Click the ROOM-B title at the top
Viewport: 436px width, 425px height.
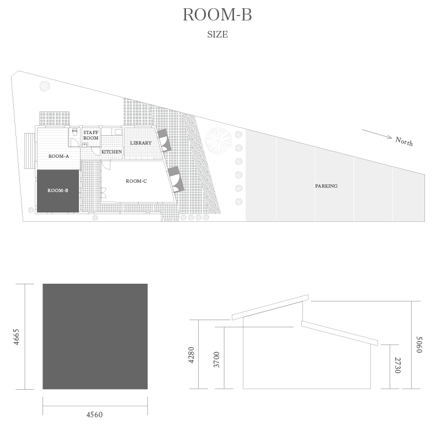click(x=217, y=14)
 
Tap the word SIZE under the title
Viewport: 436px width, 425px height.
click(x=217, y=34)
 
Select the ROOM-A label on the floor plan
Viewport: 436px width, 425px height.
click(x=59, y=156)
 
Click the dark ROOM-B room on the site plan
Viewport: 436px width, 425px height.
click(x=58, y=191)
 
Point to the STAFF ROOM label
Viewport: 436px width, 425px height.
click(x=91, y=135)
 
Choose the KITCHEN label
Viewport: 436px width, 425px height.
click(x=111, y=152)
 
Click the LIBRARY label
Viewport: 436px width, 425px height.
click(x=141, y=143)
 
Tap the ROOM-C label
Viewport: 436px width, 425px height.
click(x=136, y=181)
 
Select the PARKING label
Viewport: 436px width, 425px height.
click(x=326, y=186)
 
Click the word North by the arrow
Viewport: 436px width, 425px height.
click(x=404, y=141)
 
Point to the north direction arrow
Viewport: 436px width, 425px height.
click(x=377, y=134)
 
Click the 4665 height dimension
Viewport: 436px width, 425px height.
click(x=17, y=337)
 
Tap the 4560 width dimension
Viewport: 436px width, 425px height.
click(x=94, y=415)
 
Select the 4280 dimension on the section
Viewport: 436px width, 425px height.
click(x=192, y=355)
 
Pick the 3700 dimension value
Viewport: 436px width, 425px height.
click(x=216, y=360)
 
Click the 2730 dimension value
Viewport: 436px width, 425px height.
click(x=398, y=365)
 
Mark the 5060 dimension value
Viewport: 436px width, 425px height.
click(x=419, y=344)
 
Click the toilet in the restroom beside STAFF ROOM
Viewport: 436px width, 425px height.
click(x=75, y=132)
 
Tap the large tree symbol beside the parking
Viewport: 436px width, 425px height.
click(x=219, y=140)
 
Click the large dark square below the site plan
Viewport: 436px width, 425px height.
click(x=95, y=337)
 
